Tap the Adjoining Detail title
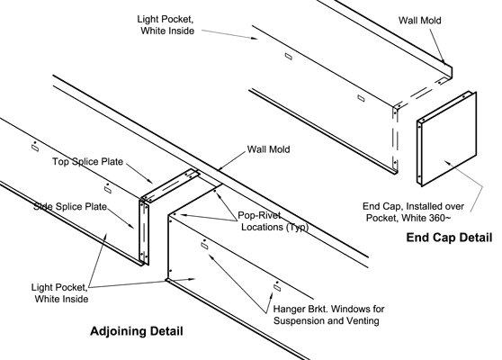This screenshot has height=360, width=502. click(137, 331)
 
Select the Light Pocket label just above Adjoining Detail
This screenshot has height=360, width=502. click(58, 292)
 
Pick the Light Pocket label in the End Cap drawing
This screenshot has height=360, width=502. click(171, 24)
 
